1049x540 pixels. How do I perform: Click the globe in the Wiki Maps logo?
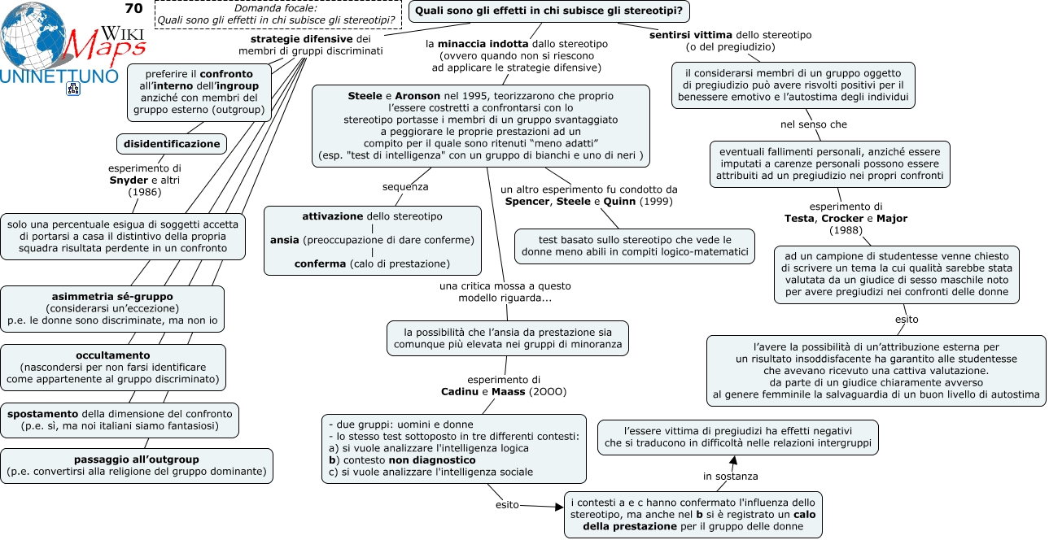33,36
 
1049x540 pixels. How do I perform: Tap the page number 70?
134,8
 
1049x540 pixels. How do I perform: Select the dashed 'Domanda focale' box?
278,15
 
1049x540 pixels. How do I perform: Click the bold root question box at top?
549,11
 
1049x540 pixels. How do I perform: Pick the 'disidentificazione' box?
172,144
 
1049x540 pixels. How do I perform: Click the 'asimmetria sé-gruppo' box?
112,309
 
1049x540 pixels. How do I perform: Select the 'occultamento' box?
113,368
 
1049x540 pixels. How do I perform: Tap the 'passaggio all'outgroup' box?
136,466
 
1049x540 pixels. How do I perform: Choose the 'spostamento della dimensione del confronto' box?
120,420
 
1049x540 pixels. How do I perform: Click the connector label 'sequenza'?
405,187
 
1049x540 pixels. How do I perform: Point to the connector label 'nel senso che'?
814,124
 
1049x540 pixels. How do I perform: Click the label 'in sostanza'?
730,477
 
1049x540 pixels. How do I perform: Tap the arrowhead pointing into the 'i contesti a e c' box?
559,507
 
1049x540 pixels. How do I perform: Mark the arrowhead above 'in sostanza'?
733,460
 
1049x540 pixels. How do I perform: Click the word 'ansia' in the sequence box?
284,240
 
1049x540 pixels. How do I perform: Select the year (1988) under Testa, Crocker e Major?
846,230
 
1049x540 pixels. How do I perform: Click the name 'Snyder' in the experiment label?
129,181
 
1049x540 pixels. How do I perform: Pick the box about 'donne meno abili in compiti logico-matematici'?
635,246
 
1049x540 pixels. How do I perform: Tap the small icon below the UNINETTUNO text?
73,89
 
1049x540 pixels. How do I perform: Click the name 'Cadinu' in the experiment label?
460,392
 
